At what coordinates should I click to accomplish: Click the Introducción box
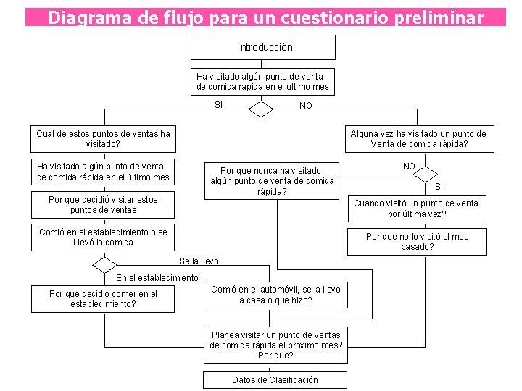tap(263, 47)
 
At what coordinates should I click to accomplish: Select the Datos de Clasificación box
tap(275, 379)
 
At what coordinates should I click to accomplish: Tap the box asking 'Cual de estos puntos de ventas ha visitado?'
tap(103, 138)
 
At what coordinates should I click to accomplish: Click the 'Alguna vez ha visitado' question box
tap(418, 138)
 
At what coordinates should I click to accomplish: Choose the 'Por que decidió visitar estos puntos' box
tap(103, 204)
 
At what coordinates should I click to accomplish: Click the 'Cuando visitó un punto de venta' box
tap(416, 209)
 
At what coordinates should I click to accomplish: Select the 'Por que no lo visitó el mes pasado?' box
tap(417, 242)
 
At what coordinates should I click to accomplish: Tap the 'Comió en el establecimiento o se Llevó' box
tap(103, 237)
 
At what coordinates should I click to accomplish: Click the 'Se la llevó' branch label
tap(199, 261)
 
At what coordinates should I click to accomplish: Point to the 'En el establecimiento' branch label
tap(157, 278)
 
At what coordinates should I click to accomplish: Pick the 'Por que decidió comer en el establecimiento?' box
tap(103, 298)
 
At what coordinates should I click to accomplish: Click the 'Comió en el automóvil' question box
tap(275, 295)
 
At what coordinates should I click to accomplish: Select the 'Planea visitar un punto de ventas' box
tap(275, 345)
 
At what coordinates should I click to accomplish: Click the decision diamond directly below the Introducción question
tap(260, 109)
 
